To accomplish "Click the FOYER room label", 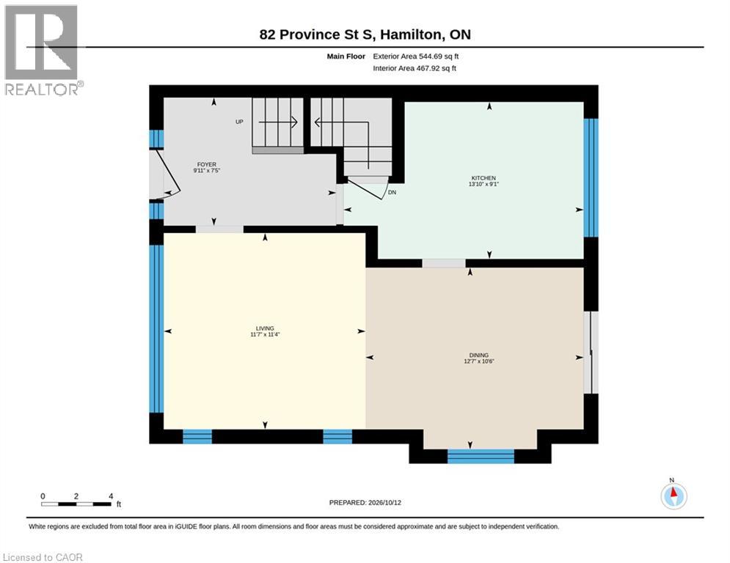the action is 207,164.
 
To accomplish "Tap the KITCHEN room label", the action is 483,177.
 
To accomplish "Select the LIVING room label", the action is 265,328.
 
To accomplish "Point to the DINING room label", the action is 479,355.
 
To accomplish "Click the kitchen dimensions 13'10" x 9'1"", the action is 483,184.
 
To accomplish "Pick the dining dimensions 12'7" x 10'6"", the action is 479,361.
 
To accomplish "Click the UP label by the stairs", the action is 239,122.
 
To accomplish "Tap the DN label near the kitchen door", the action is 392,192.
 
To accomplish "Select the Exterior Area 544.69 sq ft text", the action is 416,56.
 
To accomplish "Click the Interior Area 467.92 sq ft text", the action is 415,68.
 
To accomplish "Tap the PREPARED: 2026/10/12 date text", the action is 365,502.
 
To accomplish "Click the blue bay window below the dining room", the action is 481,457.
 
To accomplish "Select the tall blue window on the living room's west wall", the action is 156,328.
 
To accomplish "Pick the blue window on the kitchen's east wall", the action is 591,177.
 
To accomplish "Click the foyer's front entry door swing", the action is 165,173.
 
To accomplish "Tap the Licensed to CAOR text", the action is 43,557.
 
